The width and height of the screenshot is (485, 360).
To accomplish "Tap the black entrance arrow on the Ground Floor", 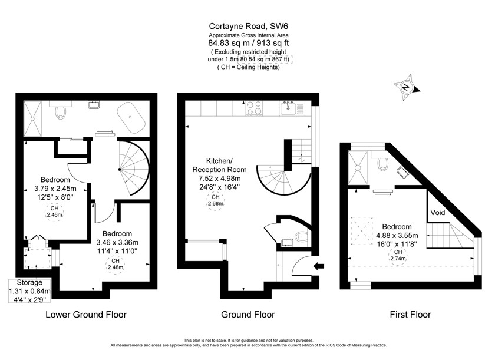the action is pos(319,265).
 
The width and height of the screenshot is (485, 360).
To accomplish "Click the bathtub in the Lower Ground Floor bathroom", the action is pos(131,117).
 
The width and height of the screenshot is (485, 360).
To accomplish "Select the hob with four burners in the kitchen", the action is pos(253,108).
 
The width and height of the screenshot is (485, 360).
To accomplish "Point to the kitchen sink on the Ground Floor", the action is pos(289,108).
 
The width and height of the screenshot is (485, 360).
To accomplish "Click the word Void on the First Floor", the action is pos(438,213).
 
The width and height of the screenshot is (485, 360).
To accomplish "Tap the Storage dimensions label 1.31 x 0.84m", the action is pos(29,291).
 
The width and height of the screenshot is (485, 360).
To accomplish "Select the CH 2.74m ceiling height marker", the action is pos(398,256).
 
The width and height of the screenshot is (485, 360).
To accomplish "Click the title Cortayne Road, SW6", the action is pos(248,26).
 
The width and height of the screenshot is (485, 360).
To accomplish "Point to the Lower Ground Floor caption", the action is pos(86,315).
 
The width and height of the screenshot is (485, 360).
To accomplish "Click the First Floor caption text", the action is pos(410,315).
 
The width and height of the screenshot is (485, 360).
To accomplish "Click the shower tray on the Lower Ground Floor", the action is pos(33,119).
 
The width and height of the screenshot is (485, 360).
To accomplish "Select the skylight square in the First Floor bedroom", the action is pos(362,231).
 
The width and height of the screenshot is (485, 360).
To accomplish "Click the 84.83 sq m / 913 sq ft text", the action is pos(249,43).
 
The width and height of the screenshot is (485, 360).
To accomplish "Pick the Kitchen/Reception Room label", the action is pos(219,165).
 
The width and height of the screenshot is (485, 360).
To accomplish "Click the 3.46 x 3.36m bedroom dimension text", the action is pos(117,243).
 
